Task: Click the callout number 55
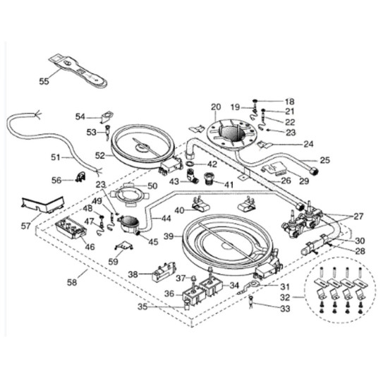[44, 81]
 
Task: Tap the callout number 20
[216, 107]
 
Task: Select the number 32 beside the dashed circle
[285, 298]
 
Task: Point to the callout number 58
[72, 282]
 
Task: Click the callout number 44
[166, 218]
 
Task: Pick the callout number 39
[169, 236]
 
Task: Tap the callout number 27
[358, 217]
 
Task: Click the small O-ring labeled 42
[190, 164]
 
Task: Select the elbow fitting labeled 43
[193, 176]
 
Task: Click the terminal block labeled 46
[71, 228]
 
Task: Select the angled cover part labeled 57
[42, 205]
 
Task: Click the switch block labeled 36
[194, 295]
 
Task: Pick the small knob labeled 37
[194, 278]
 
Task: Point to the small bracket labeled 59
[124, 245]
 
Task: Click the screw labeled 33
[250, 302]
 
